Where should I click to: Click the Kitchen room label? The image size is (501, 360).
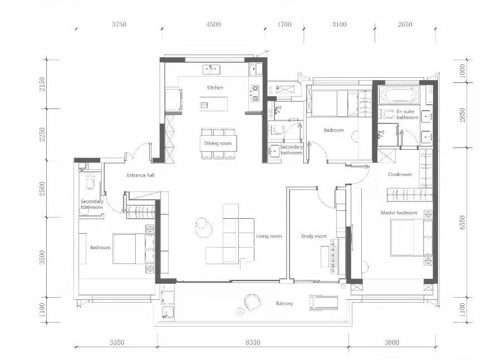pos(215,87)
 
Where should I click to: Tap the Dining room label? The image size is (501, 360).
pos(218,144)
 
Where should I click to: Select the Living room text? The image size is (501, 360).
pos(269,236)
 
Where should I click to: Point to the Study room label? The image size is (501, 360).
pos(313,236)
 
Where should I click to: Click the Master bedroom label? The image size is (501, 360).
pos(399,213)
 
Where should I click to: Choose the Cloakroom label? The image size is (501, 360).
pos(400,174)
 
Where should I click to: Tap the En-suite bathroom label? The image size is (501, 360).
pos(407,115)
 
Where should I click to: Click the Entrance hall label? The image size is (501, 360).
pos(141,175)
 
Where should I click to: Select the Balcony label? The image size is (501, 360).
pos(284,303)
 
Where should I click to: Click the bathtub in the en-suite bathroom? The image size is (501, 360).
pos(398,95)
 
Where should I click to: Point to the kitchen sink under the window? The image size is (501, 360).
pos(212,70)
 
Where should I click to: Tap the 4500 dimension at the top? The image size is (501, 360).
pos(213,24)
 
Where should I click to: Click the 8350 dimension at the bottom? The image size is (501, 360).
pos(253,342)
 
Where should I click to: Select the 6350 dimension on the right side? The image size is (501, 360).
pos(463,223)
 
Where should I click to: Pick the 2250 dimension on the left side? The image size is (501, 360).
pos(42,135)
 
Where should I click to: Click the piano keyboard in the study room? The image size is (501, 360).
pos(333,257)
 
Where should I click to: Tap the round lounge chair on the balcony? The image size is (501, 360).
pos(253,302)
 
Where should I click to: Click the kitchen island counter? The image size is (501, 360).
pos(214,104)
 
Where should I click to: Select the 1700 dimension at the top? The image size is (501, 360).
pos(284,24)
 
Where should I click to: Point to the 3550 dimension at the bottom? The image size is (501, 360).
pos(117,342)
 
